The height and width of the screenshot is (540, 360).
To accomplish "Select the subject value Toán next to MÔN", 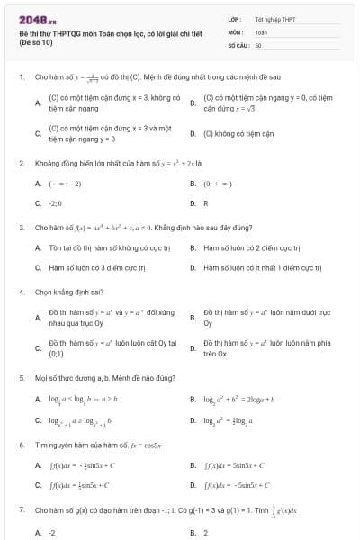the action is [261, 31].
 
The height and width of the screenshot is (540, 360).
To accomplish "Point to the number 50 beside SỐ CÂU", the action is [258, 44].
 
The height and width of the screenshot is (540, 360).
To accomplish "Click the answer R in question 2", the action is [206, 203].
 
